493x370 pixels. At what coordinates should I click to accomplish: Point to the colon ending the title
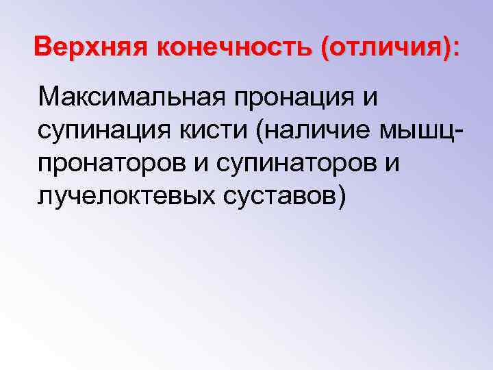(x=457, y=50)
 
